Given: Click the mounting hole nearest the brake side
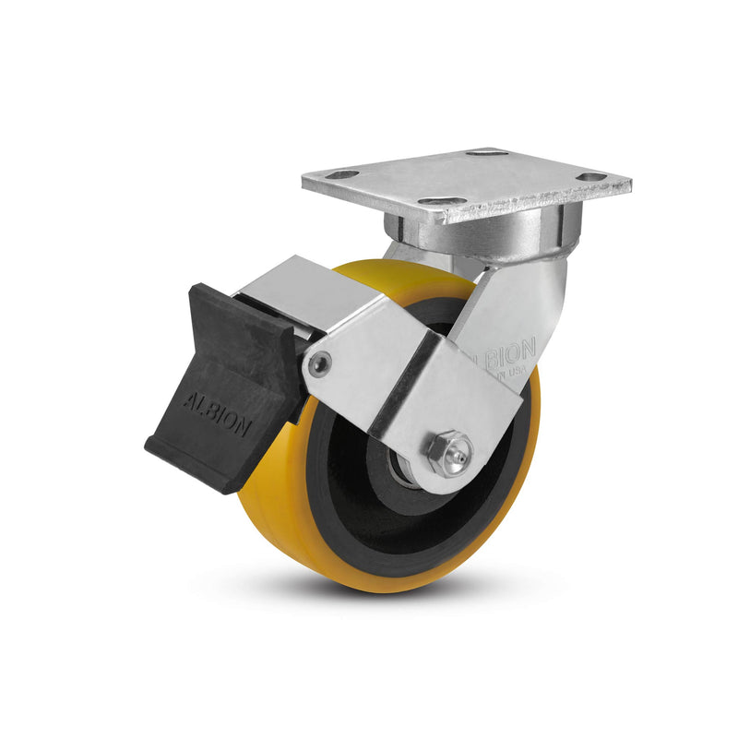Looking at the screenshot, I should (342, 174).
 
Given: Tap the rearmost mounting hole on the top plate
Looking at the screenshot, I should (487, 152).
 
